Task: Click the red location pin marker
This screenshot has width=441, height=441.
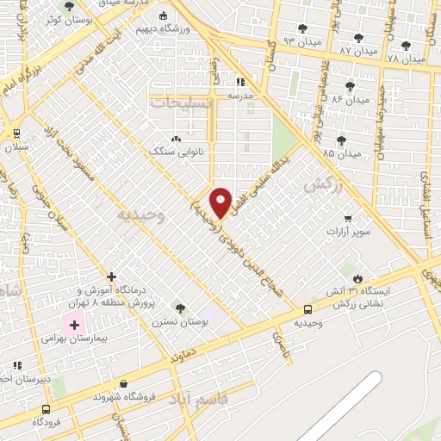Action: coord(221,202)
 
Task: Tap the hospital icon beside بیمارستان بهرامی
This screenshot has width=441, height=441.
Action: coord(74,326)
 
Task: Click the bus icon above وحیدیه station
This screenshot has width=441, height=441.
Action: coord(307,310)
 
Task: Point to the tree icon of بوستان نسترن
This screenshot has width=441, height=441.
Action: coord(180,307)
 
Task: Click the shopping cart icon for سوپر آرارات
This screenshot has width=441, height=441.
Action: coord(348,219)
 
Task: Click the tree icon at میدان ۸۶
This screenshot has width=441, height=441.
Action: coord(350,86)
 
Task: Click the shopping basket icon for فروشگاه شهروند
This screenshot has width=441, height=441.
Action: coord(125,384)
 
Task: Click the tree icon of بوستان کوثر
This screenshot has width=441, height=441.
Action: coord(69,6)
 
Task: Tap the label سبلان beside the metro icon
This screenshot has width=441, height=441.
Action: coord(16,148)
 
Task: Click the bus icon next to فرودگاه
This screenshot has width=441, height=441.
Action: coord(46,410)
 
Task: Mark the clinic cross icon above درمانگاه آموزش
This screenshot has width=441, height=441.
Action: coord(111,276)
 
